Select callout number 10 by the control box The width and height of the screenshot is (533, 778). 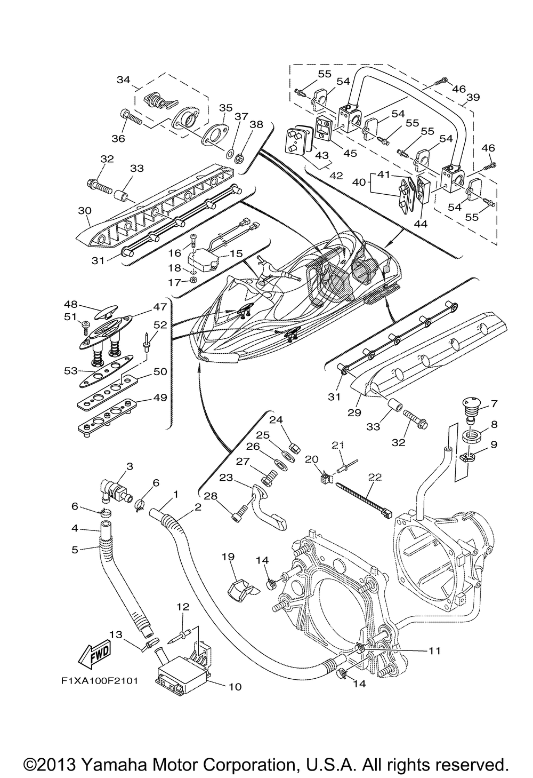(235, 686)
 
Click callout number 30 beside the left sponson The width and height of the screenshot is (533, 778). (84, 210)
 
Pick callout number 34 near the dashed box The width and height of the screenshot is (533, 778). (124, 80)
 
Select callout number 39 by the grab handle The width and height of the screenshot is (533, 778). (473, 98)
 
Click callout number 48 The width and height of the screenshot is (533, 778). (71, 305)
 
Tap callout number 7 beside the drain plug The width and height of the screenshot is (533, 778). (494, 403)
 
